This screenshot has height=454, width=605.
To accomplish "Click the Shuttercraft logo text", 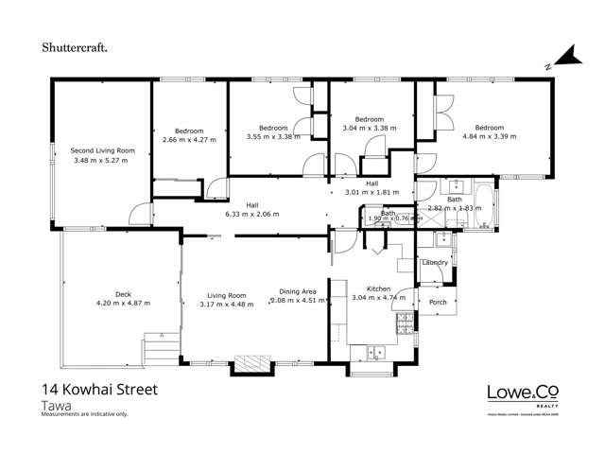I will coord(79,44).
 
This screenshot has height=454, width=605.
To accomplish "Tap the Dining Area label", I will coord(297,292).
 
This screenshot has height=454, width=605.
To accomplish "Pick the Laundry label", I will coord(435,262).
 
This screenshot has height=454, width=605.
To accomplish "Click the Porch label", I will coord(438,303).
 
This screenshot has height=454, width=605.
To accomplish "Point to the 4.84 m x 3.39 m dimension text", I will coord(489,137).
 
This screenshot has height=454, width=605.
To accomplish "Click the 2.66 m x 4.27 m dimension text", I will coord(189,140).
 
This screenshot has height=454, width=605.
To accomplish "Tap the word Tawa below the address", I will coord(56,405).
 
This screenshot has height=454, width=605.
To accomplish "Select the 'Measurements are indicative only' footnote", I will coord(84,414).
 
